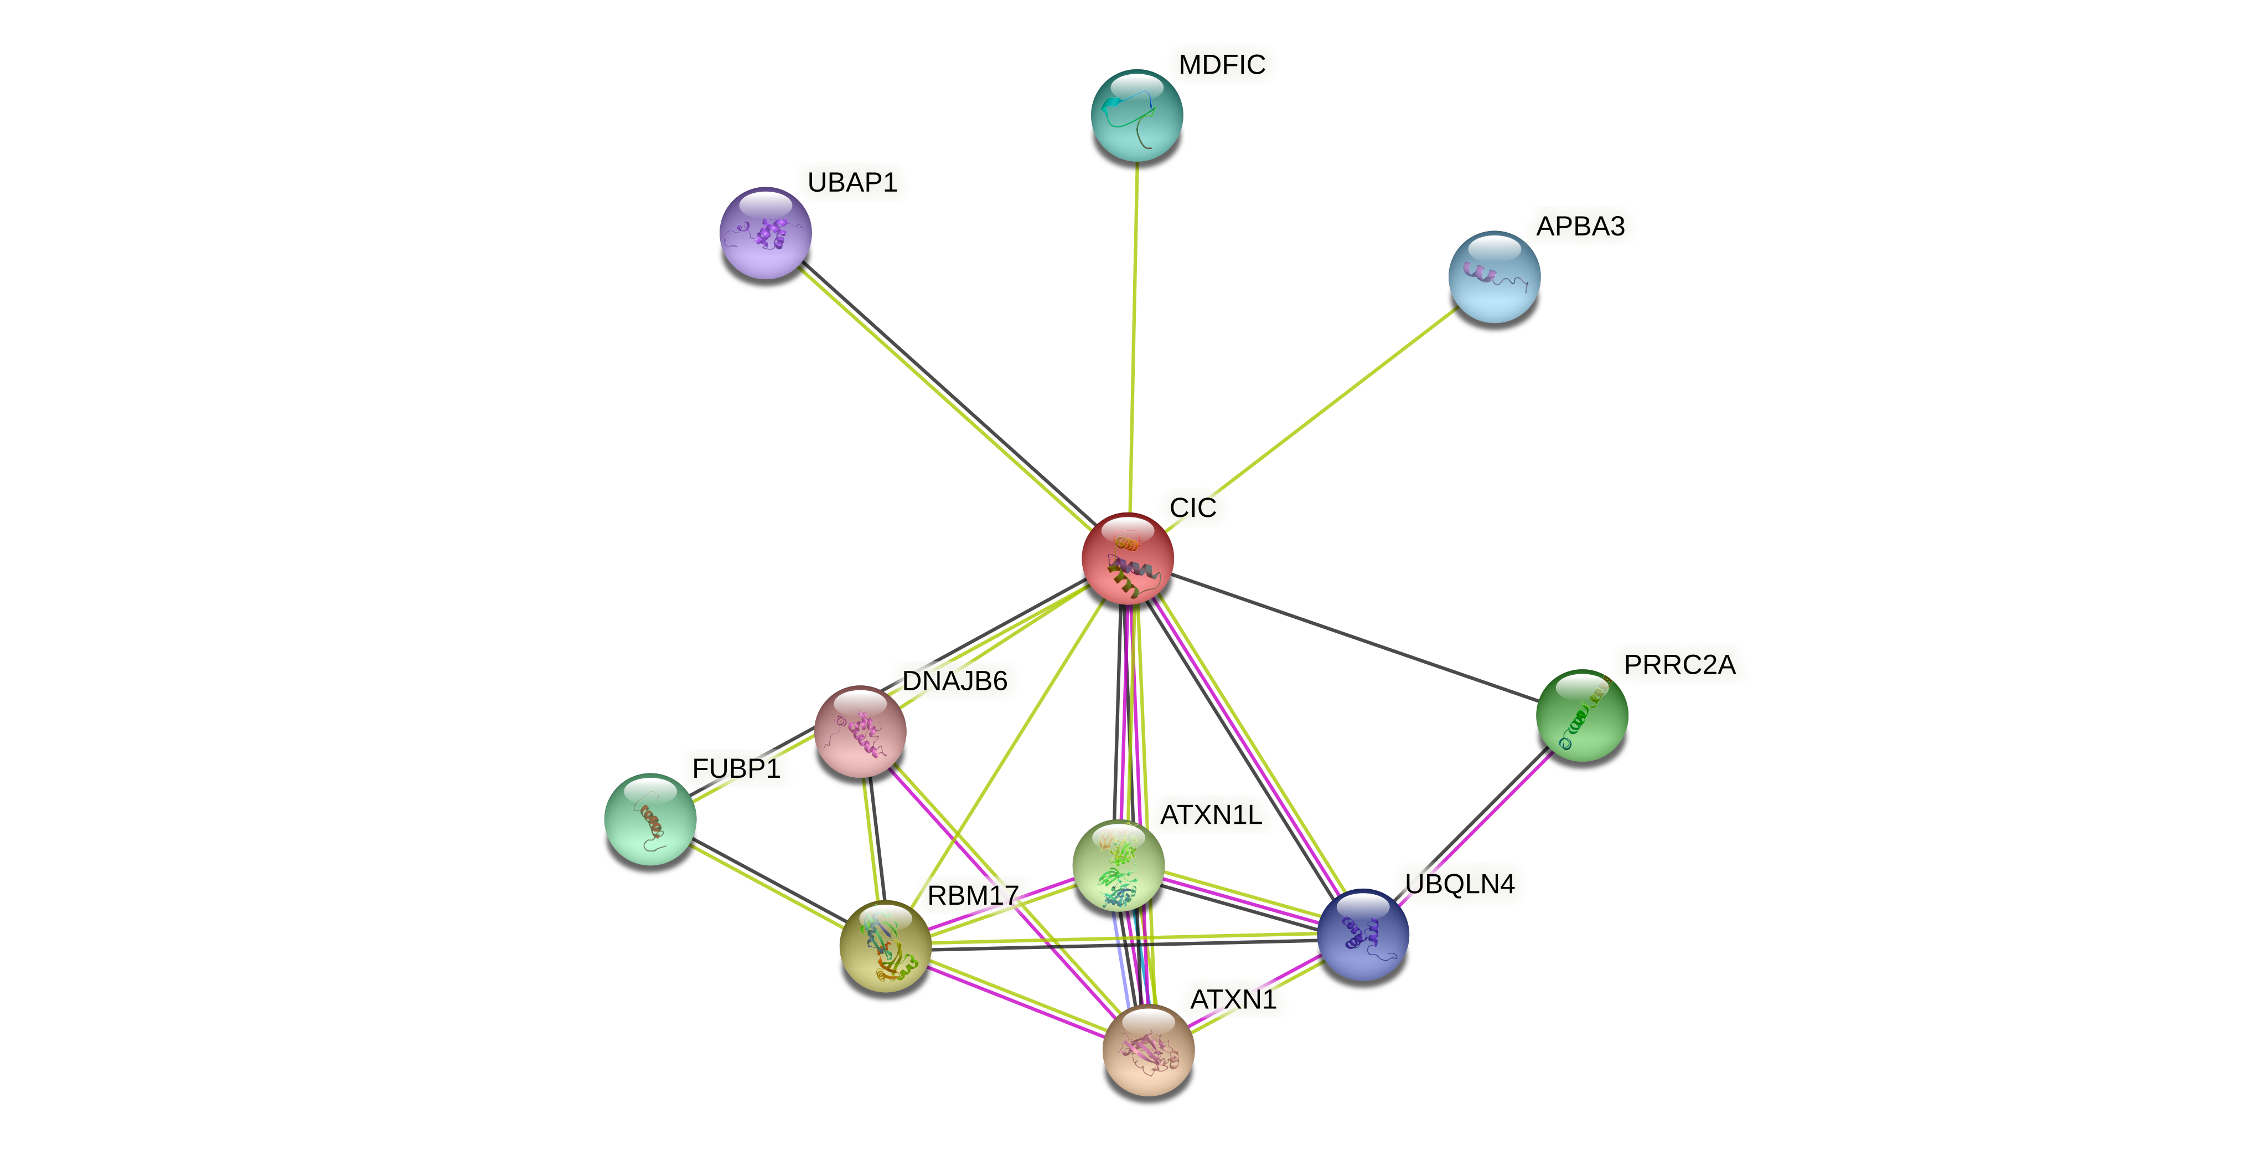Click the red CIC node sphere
click(1127, 558)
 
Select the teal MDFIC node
click(1137, 115)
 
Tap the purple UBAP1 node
click(766, 233)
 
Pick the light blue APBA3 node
click(1494, 277)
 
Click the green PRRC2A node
click(1581, 715)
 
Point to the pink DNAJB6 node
click(860, 731)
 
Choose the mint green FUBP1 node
click(650, 819)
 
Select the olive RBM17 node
click(885, 946)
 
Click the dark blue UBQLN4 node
click(1362, 935)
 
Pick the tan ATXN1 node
click(1148, 1050)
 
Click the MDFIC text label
click(1222, 65)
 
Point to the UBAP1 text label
click(852, 183)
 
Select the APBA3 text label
click(1580, 226)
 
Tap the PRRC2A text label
click(1679, 665)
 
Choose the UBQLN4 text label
click(1459, 884)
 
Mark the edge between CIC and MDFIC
click(1133, 332)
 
